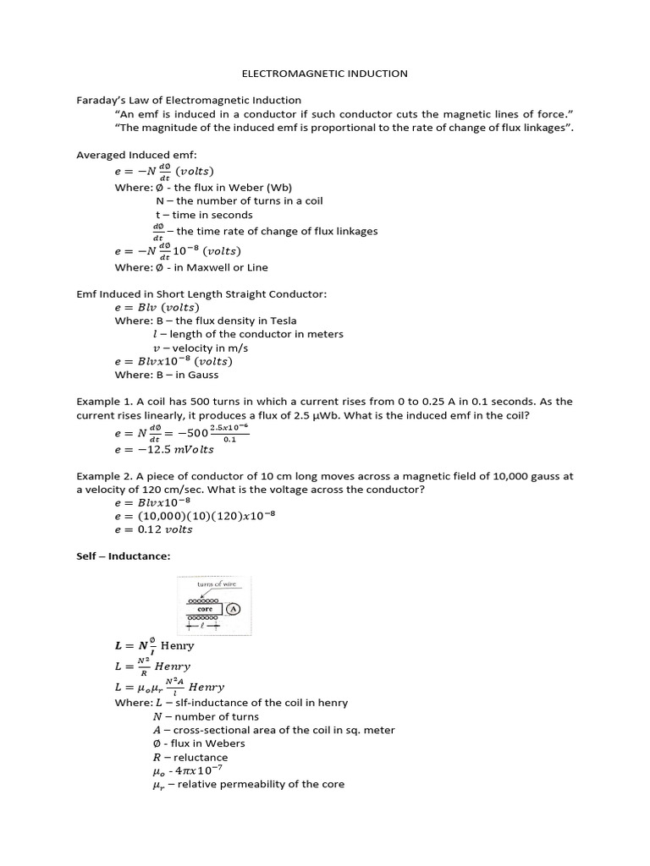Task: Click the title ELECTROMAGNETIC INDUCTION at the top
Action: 325,74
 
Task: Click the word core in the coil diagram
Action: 204,608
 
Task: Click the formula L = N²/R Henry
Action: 152,666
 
